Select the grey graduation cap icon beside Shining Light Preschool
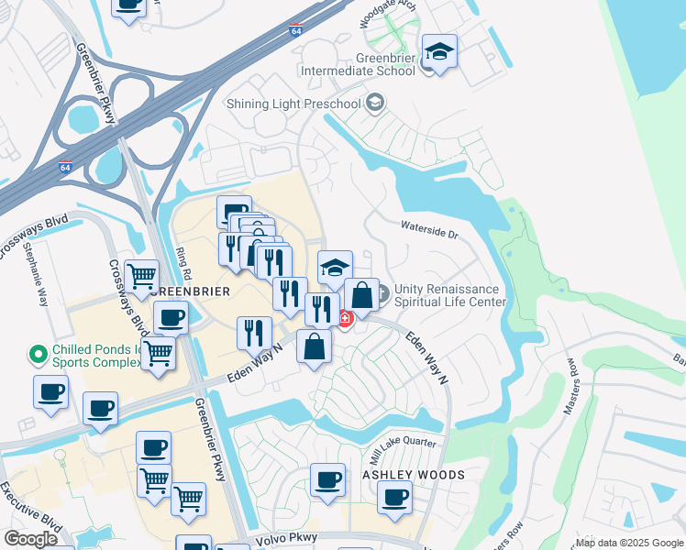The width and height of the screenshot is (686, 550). coord(374,103)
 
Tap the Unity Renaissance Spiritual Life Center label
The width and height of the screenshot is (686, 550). coord(449,295)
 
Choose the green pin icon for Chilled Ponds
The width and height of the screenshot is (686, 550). coord(38,352)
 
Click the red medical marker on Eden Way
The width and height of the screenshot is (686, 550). coord(345,320)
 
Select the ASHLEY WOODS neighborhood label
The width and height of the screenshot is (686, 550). coord(414,475)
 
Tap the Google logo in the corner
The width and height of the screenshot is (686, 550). coord(30,538)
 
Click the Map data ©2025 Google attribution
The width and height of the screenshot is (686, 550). coord(630,543)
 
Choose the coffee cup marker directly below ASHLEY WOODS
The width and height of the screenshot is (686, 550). coord(394,499)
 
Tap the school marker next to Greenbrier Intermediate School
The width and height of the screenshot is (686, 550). coord(439,53)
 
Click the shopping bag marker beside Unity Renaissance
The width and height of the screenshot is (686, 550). coord(362,296)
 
